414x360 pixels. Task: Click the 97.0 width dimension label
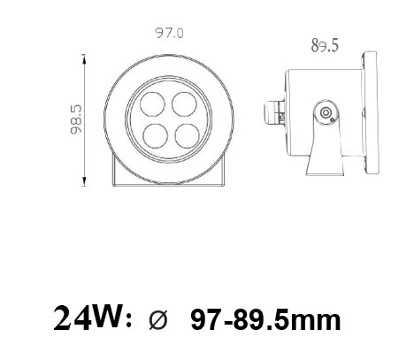coord(170,33)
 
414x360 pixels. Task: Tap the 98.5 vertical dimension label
coord(76,119)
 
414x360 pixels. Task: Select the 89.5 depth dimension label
coord(325,46)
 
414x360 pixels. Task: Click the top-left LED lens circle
coord(152,104)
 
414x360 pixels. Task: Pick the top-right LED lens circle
coord(184,104)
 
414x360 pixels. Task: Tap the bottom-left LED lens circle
coord(156,136)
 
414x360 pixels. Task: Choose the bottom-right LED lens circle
coord(188,136)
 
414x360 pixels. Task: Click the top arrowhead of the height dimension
coord(84,58)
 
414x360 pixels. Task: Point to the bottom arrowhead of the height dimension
coord(84,181)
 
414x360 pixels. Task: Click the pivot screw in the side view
coord(326,112)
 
